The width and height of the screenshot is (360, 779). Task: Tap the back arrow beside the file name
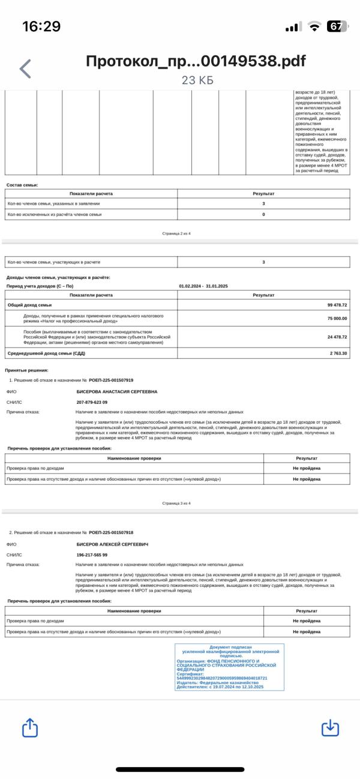point(25,69)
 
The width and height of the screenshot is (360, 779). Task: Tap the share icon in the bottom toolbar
point(30,729)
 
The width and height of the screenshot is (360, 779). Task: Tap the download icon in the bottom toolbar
point(330,729)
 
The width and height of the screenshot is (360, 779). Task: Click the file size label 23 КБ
point(197,80)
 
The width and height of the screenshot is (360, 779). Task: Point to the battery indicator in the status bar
point(337,26)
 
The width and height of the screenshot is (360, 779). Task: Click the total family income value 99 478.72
point(337,305)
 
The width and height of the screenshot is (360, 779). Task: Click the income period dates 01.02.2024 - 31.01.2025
point(203,286)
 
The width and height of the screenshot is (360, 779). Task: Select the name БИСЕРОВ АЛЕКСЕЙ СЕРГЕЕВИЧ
point(112,544)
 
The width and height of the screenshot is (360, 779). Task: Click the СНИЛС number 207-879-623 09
point(92,402)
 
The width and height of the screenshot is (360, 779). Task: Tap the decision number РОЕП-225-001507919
point(111,380)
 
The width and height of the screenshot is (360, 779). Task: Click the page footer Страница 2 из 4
point(176,232)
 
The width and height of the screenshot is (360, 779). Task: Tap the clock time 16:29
point(41,26)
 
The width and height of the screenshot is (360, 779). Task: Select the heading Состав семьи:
point(22,185)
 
